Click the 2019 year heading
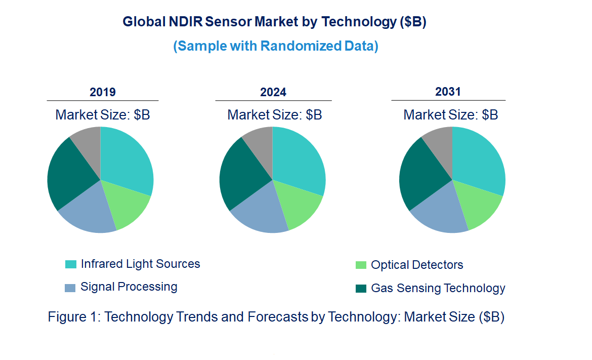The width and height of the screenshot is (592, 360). pyautogui.click(x=103, y=92)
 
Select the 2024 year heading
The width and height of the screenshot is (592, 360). pyautogui.click(x=273, y=92)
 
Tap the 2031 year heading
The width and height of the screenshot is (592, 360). pyautogui.click(x=448, y=92)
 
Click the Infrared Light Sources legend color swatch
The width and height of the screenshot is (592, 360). pyautogui.click(x=70, y=264)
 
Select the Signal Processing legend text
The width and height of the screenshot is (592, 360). pyautogui.click(x=129, y=287)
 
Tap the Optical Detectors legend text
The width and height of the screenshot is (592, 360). pyautogui.click(x=417, y=265)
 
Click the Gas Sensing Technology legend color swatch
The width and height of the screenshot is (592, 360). pyautogui.click(x=361, y=289)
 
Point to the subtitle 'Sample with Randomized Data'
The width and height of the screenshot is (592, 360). pyautogui.click(x=276, y=46)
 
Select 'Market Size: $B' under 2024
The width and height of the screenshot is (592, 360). pyautogui.click(x=274, y=115)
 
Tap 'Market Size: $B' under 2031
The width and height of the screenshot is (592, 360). pyautogui.click(x=450, y=115)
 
